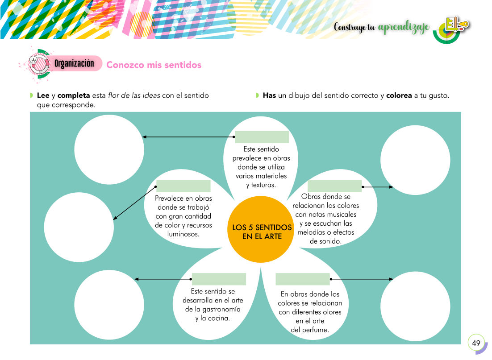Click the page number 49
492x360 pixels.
(x=476, y=343)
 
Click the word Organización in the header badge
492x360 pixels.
(x=74, y=63)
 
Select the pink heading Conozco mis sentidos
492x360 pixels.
(x=154, y=65)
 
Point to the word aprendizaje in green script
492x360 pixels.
(x=404, y=28)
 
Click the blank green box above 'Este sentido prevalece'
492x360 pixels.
(x=262, y=137)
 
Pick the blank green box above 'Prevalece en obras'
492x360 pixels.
(x=183, y=186)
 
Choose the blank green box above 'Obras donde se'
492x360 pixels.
(x=334, y=186)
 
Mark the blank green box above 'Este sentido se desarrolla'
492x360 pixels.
(x=219, y=279)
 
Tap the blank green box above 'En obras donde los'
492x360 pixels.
(x=302, y=279)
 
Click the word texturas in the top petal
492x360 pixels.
(x=263, y=185)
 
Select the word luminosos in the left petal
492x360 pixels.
(x=183, y=234)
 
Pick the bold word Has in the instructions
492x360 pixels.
(x=269, y=95)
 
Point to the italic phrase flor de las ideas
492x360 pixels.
(x=134, y=95)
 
